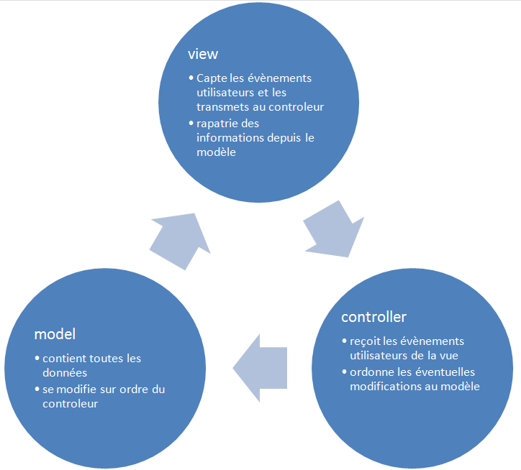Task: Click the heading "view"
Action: pos(203,55)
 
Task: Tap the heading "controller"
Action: pos(373,317)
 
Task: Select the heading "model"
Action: pos(55,334)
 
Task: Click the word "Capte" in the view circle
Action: pos(212,78)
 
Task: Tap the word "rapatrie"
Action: pos(218,124)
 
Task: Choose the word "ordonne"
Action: pos(371,372)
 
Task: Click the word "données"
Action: pos(65,372)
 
